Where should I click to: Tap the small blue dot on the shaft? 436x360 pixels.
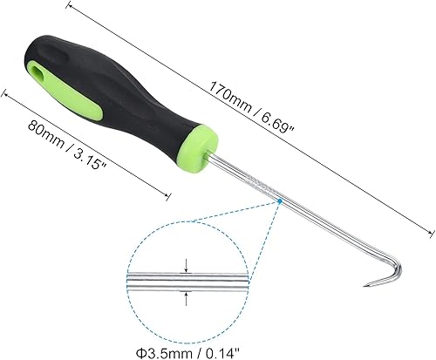[x=277, y=202]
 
